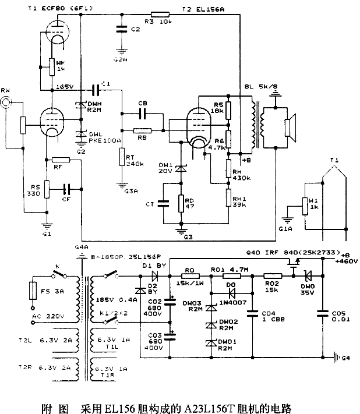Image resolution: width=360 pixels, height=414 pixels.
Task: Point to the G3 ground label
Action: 187,237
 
